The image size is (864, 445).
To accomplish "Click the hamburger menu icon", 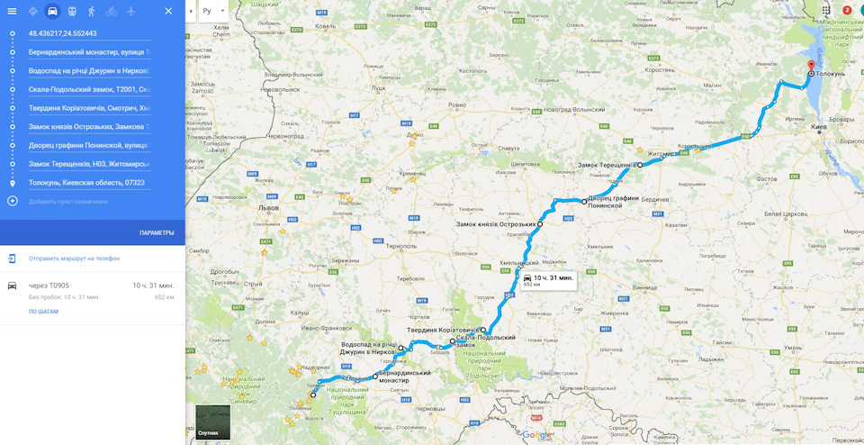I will [x=12, y=12].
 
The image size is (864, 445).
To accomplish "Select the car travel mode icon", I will [x=52, y=12].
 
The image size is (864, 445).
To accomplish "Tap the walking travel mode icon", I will [x=91, y=12].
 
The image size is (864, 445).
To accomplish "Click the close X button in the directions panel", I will [x=168, y=12].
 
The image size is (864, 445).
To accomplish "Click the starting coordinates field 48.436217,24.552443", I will [x=89, y=33].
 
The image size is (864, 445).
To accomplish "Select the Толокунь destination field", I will [x=89, y=183].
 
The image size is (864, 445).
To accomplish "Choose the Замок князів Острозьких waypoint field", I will [x=89, y=127].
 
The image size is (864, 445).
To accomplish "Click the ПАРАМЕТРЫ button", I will [x=157, y=232].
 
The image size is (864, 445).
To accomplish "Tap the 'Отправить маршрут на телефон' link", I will [x=74, y=259].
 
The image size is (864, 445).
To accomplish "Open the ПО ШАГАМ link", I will [x=43, y=312].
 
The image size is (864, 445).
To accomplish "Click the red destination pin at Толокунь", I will [x=810, y=68].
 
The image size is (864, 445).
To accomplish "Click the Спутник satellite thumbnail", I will [x=212, y=422].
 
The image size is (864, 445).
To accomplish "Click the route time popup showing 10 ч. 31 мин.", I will [x=548, y=280].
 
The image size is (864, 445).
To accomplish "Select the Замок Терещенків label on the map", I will [x=605, y=165].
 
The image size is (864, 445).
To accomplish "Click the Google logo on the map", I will [x=535, y=435].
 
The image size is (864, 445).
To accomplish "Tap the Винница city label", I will [x=644, y=287].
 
